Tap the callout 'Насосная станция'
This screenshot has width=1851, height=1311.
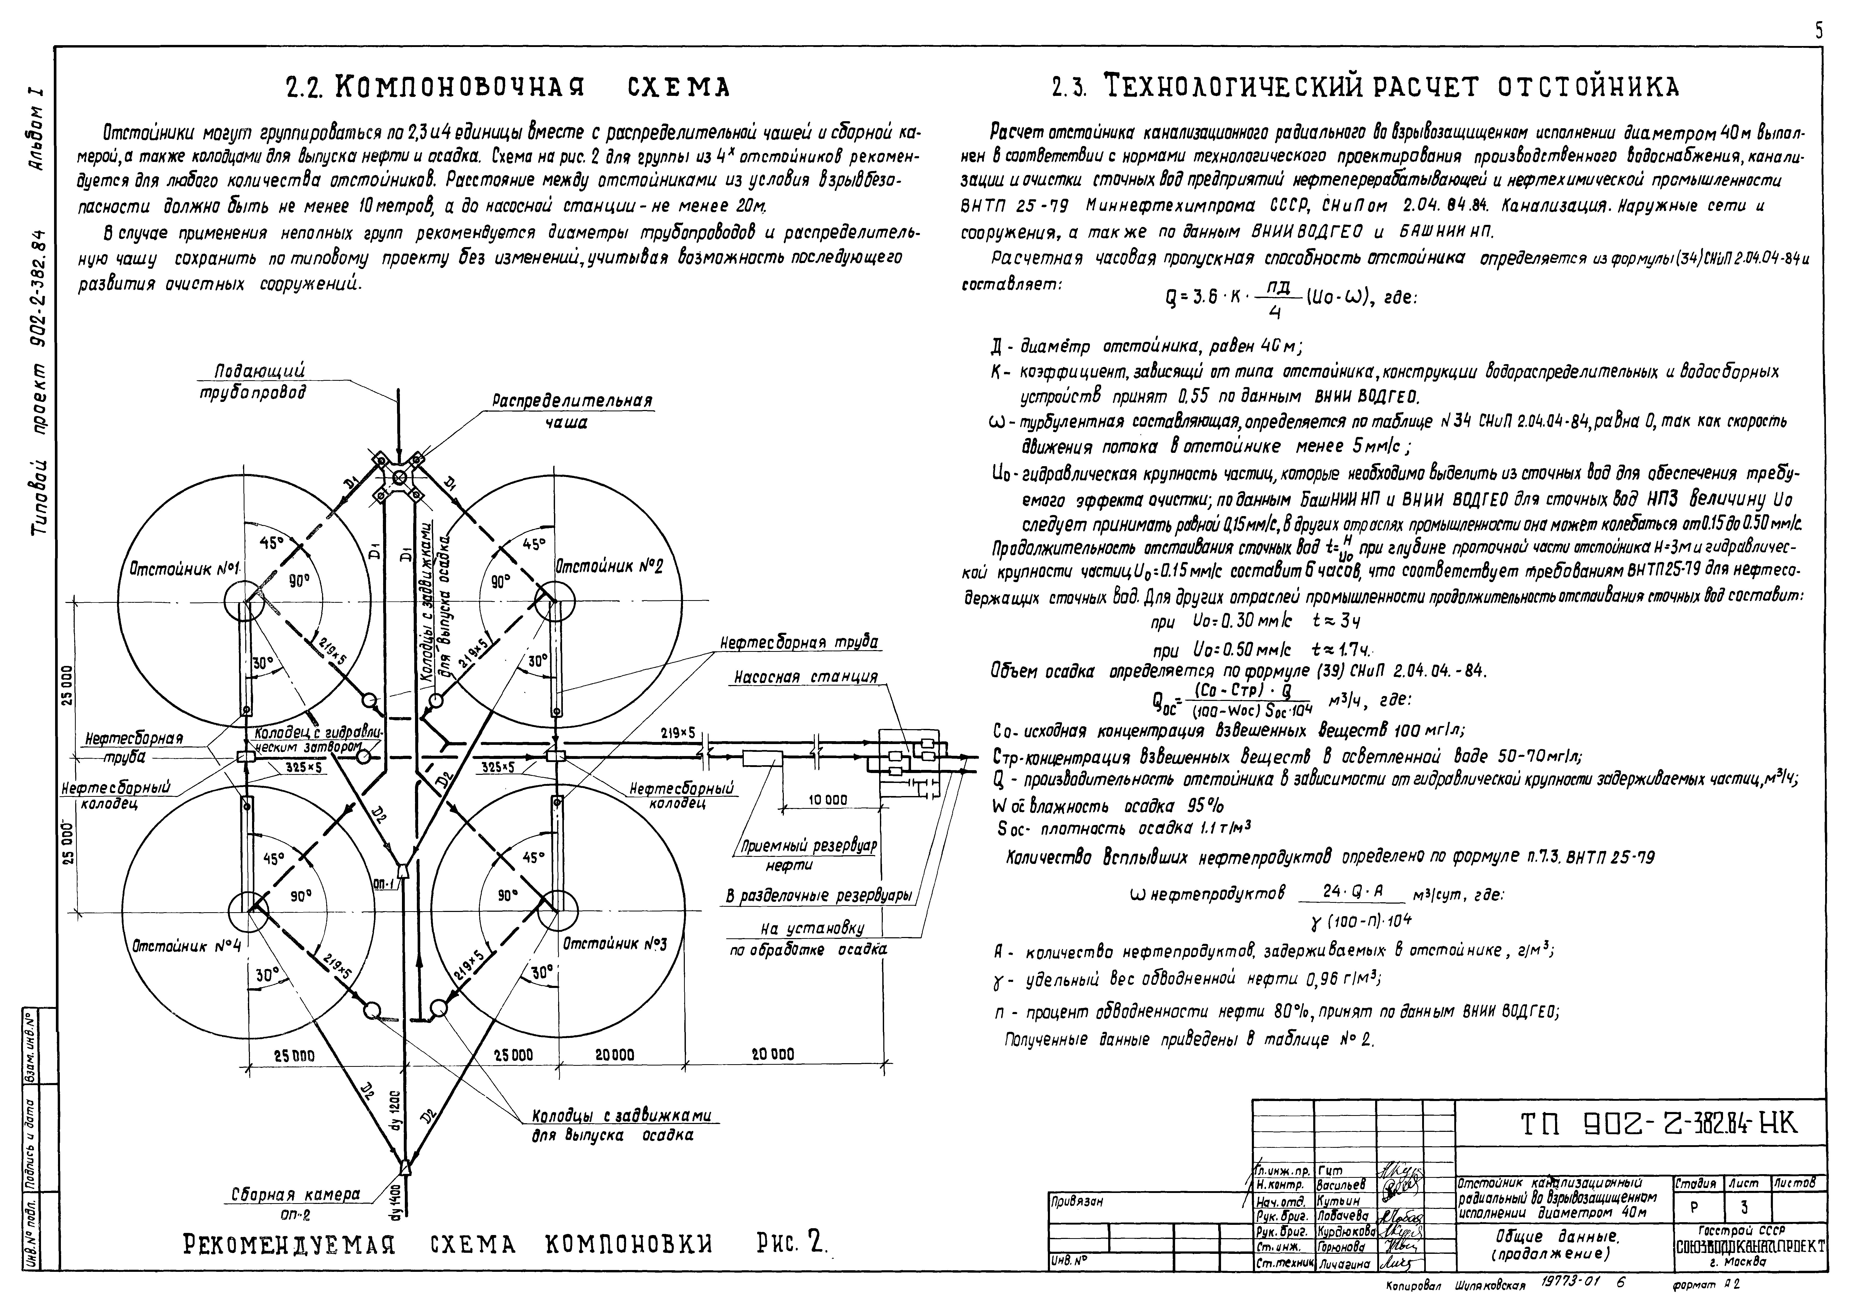click(805, 677)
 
